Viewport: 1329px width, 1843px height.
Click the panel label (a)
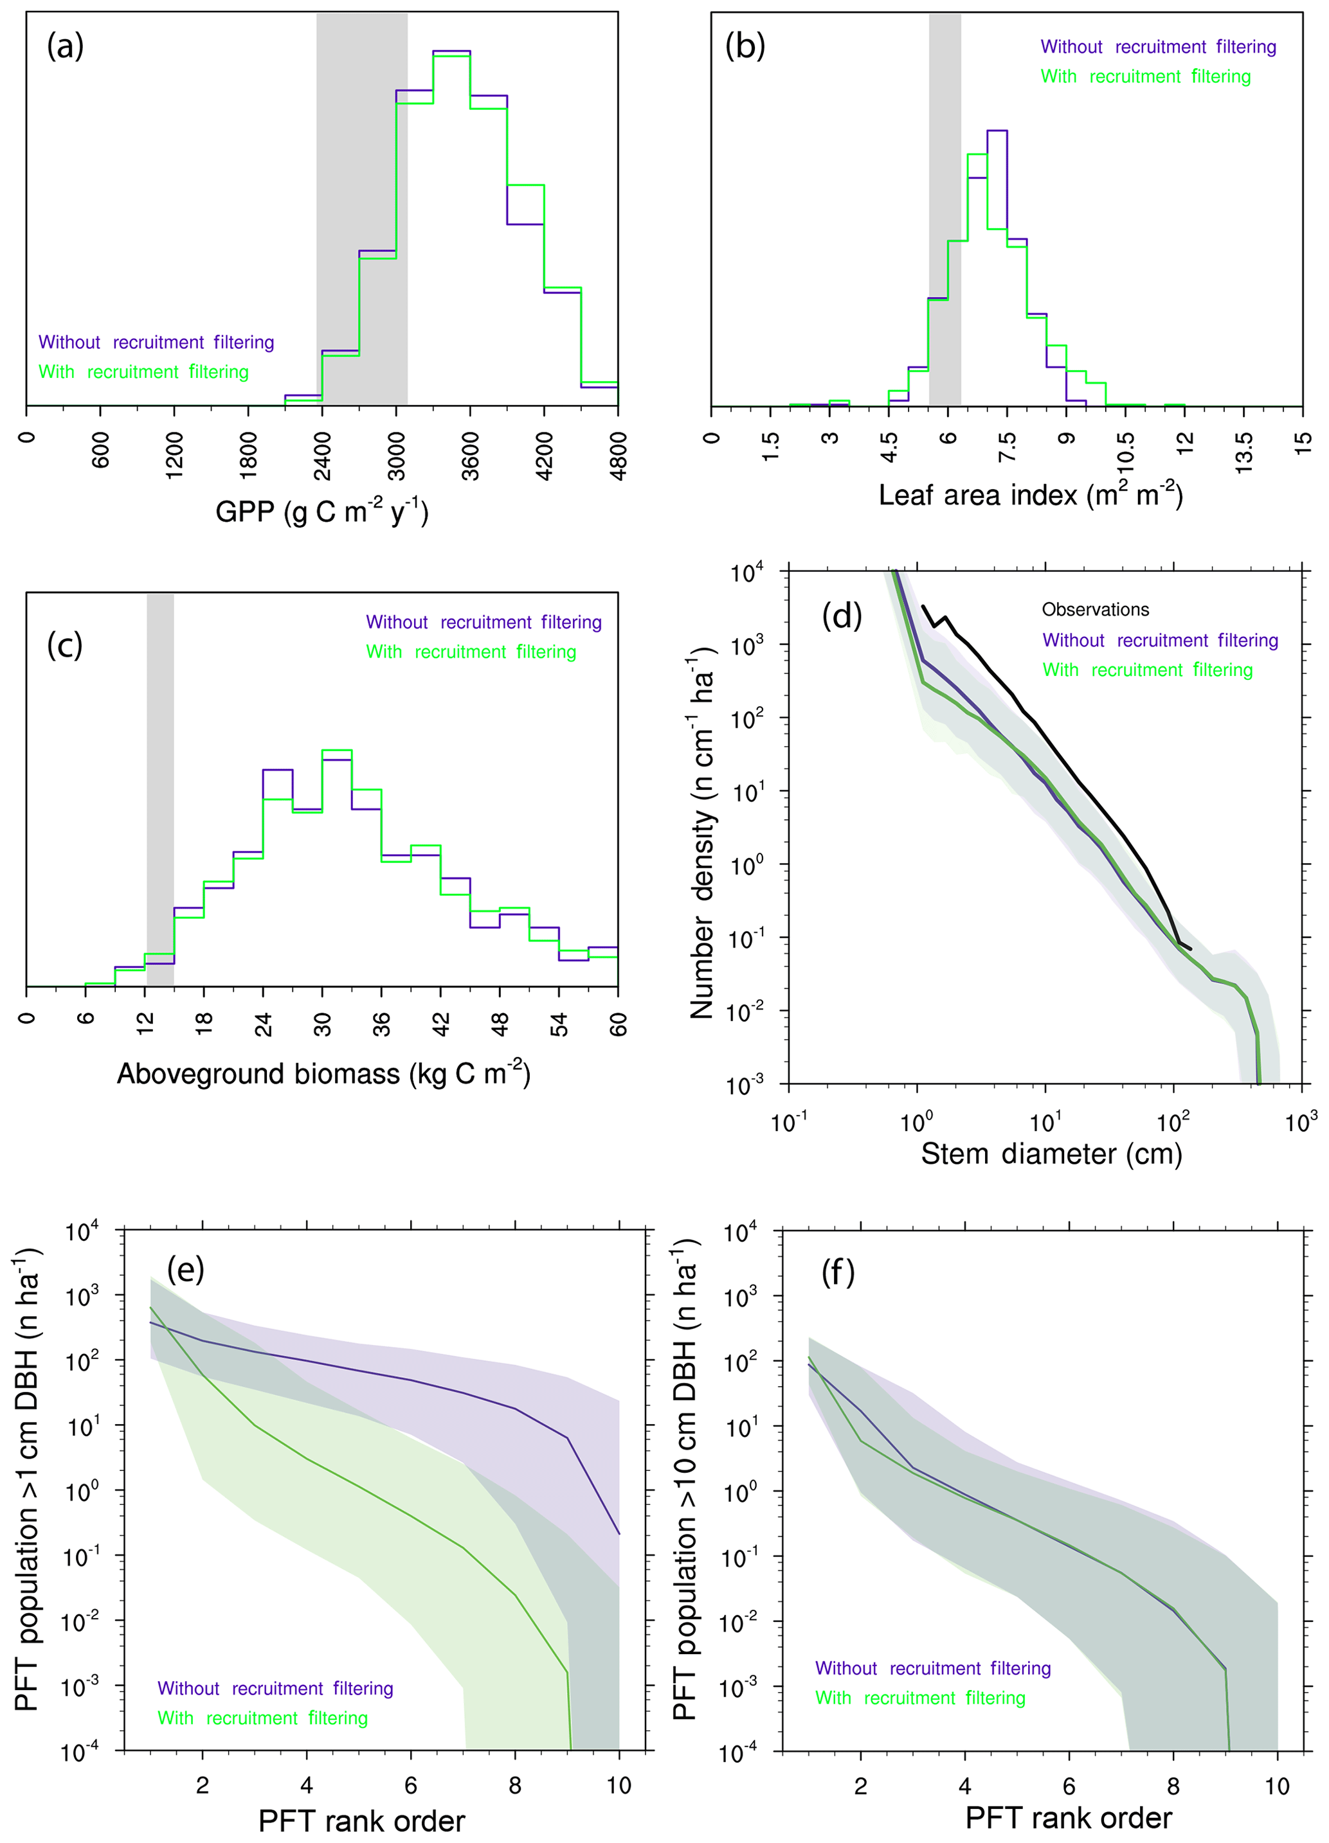pos(65,47)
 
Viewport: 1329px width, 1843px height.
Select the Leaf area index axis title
pos(1030,494)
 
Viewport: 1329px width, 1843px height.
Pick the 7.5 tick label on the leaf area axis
pos(1007,448)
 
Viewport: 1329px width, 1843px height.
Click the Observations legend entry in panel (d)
pos(1095,609)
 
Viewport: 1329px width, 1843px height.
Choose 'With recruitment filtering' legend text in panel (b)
pos(1145,76)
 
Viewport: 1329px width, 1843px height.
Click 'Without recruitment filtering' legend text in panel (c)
pos(484,623)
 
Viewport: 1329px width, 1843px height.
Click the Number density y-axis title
pos(701,833)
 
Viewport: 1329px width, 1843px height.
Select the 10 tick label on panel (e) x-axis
pos(619,1785)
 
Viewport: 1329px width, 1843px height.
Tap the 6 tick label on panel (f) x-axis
pos(1069,1786)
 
